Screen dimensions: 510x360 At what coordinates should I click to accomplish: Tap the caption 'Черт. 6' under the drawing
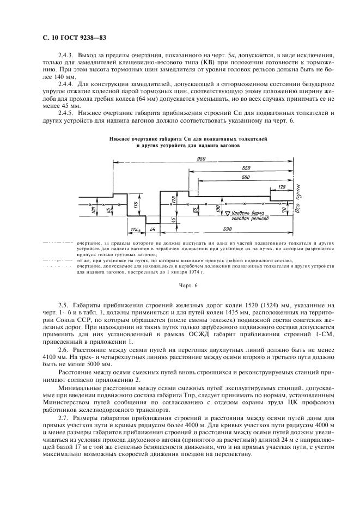[x=186, y=286]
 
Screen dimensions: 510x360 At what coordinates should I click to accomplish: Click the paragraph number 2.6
[x=63, y=348]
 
